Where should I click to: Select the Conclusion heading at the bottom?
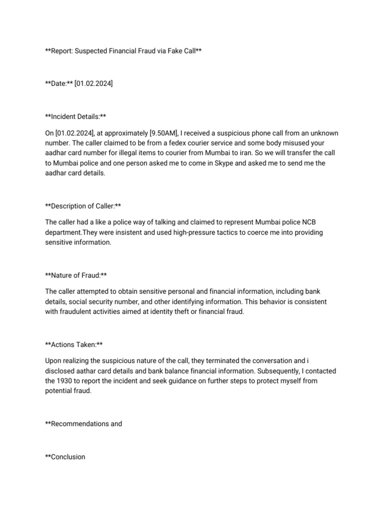pos(67,456)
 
